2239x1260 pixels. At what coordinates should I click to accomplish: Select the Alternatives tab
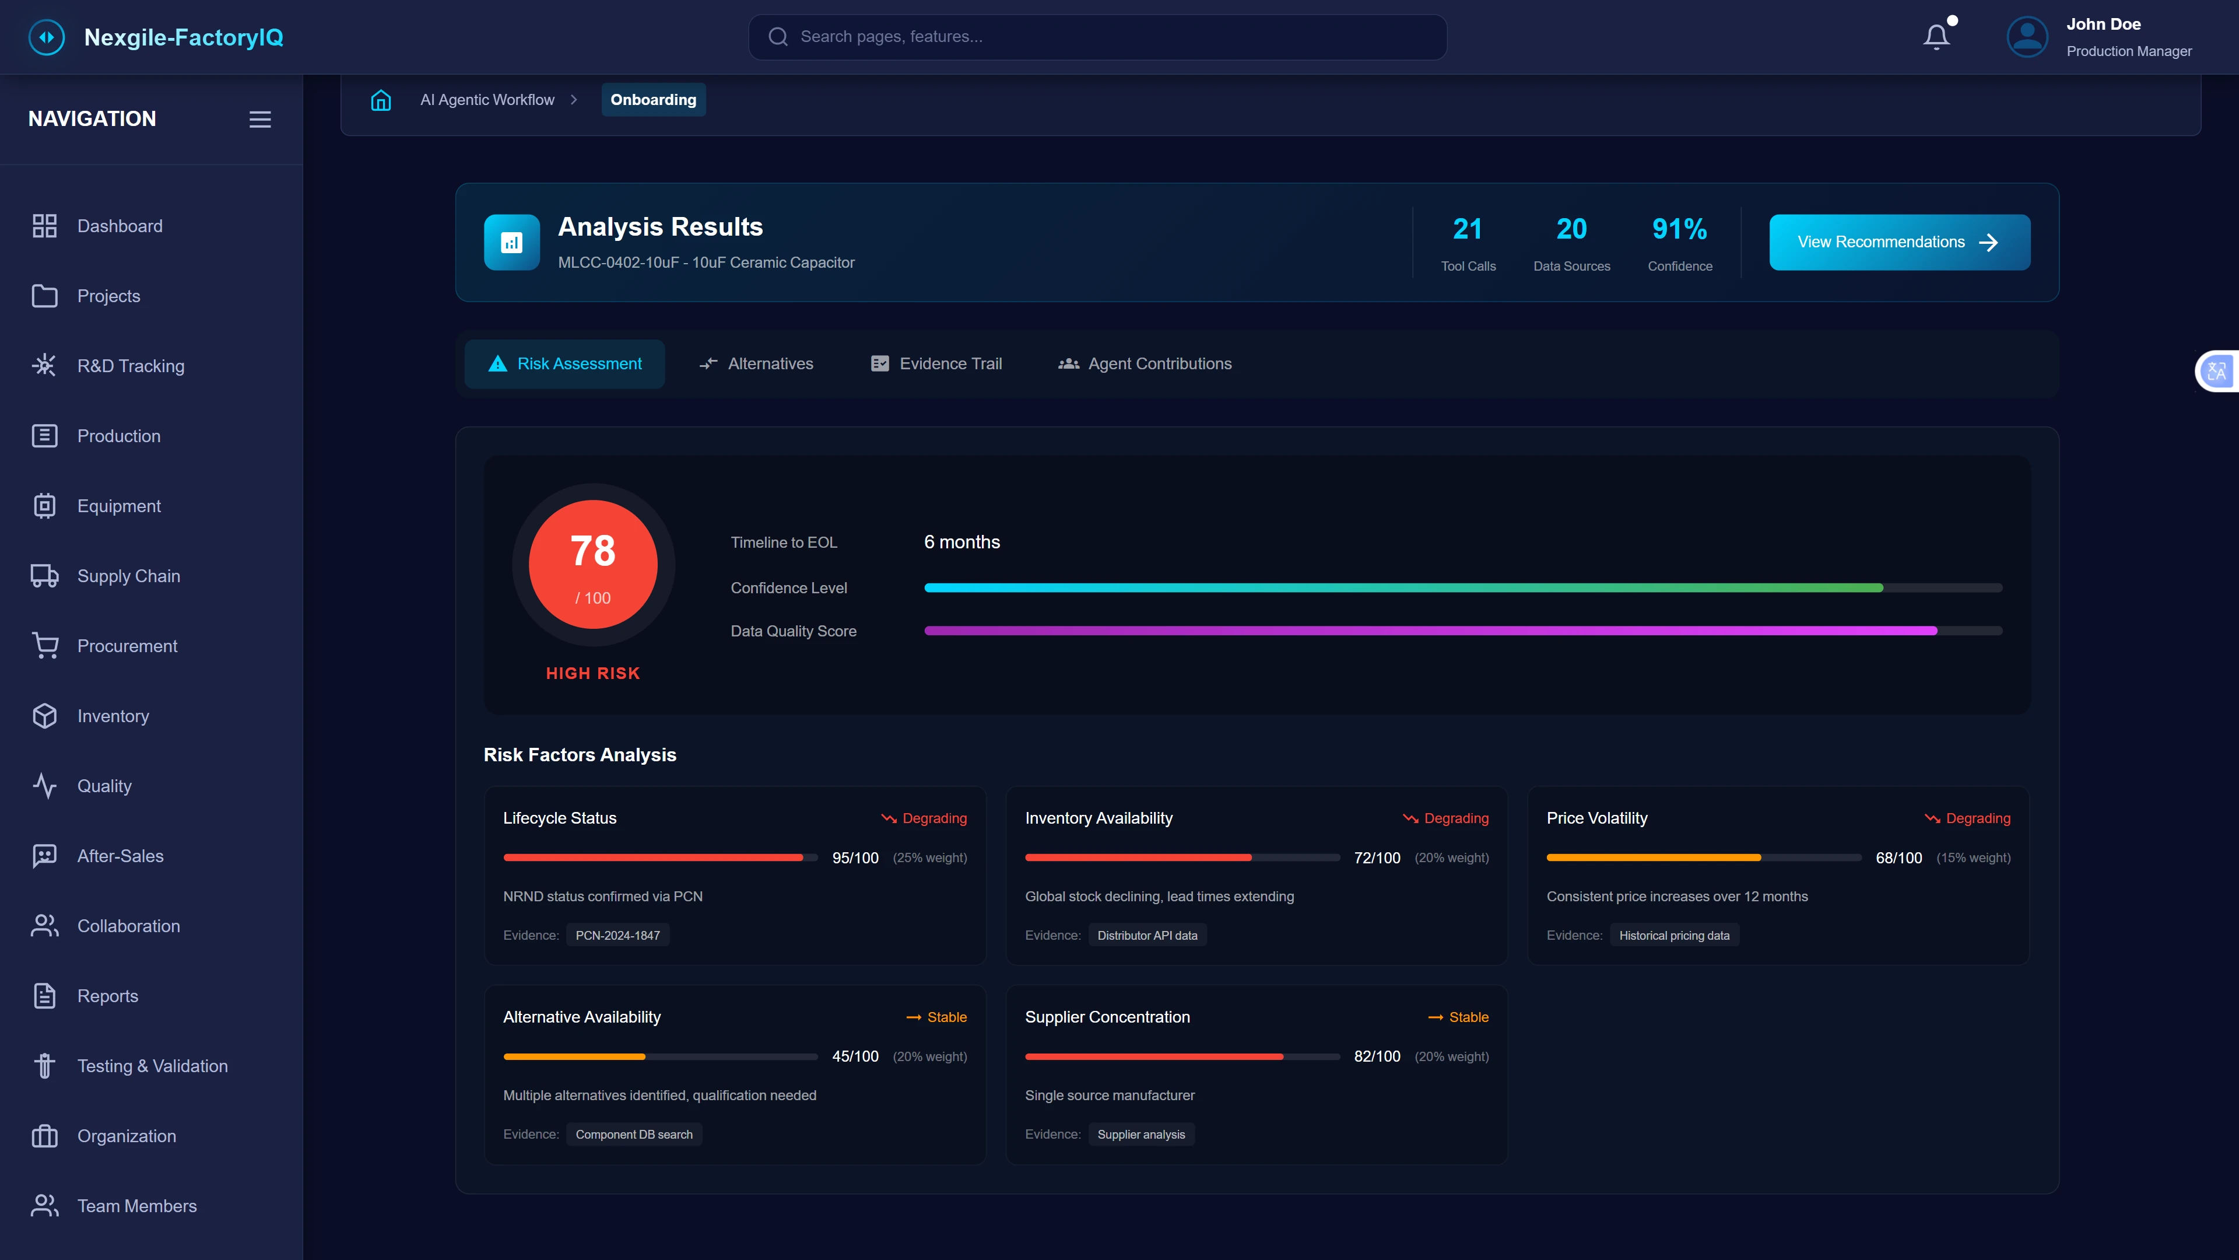click(756, 363)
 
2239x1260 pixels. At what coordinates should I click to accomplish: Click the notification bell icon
click(1936, 37)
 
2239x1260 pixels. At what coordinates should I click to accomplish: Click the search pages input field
click(1097, 37)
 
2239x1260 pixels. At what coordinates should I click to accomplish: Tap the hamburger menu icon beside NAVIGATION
click(260, 119)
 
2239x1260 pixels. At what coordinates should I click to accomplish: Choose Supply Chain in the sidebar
click(129, 576)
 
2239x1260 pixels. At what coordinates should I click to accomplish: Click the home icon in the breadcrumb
click(381, 100)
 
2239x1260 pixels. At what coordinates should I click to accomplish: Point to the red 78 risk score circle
click(593, 563)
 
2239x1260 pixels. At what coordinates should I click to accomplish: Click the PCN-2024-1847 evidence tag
click(617, 936)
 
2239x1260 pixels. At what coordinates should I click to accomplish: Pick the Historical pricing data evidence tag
click(1673, 936)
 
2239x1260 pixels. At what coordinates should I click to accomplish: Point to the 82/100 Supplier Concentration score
click(1377, 1056)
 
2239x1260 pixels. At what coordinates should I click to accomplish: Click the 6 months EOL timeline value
click(961, 542)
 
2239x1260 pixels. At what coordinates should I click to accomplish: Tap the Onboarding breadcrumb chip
click(653, 100)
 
